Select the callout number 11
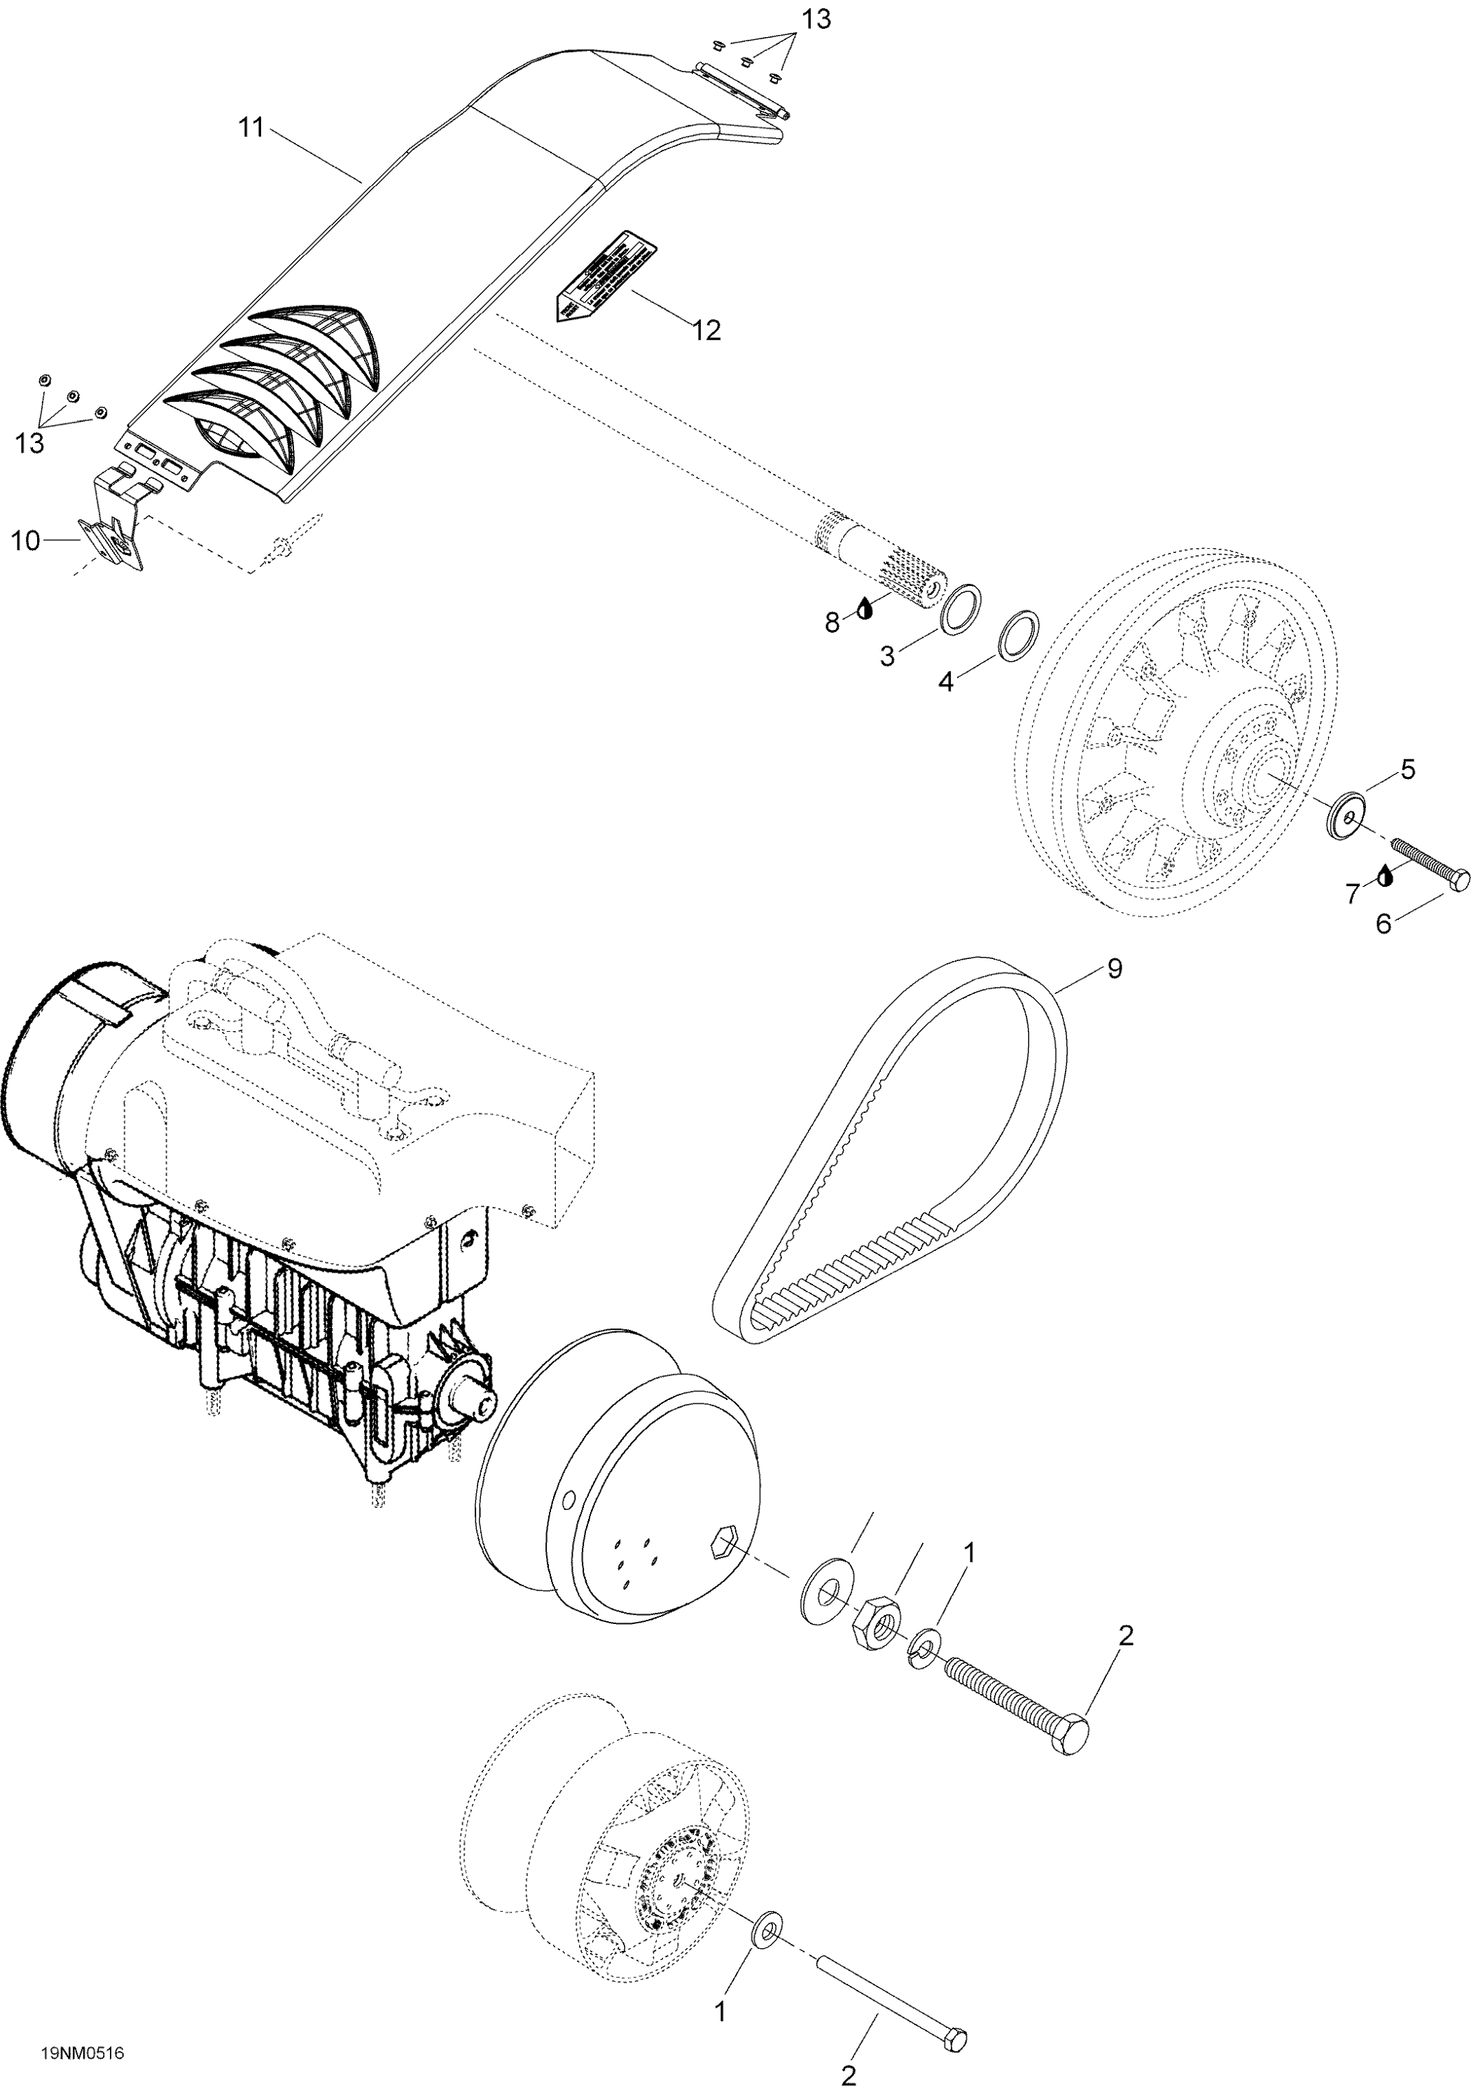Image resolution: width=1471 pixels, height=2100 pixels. [x=251, y=129]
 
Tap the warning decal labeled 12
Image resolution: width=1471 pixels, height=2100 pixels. [x=606, y=274]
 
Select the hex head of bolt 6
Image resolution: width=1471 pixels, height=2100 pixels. [x=1458, y=880]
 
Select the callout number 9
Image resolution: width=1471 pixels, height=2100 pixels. [x=1114, y=969]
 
